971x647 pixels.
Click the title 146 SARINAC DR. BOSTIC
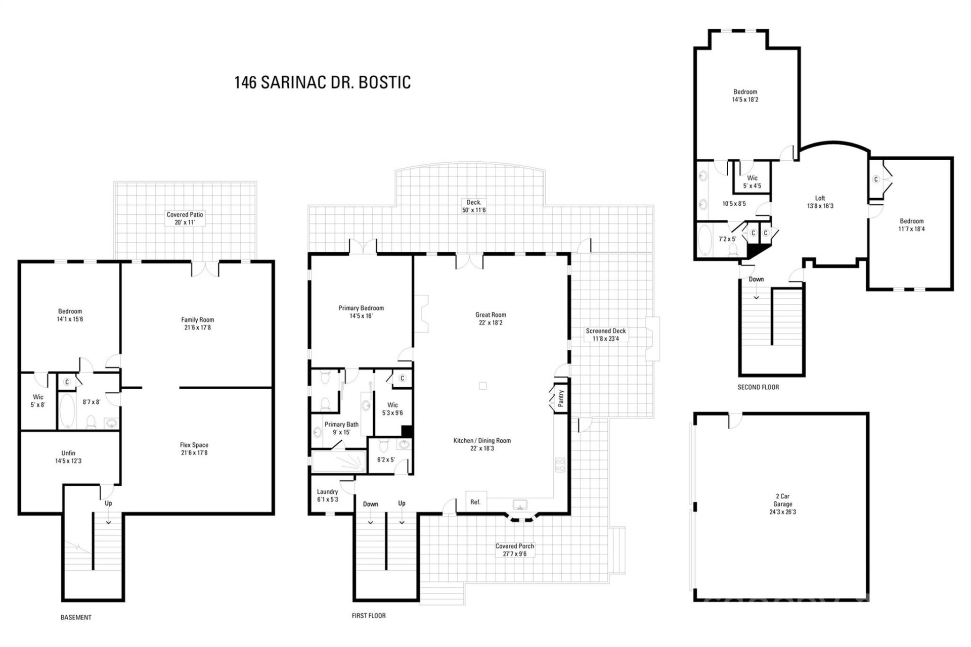322,82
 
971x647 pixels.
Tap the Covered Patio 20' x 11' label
185,218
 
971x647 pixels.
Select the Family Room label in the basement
197,323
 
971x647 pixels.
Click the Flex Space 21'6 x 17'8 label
194,449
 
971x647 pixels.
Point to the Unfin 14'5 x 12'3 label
68,457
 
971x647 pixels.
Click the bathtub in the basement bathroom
67,410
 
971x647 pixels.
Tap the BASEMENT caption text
76,617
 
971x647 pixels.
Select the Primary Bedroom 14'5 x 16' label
361,312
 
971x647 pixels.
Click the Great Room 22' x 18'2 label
490,318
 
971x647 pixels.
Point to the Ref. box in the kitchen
475,502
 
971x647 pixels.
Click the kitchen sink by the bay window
520,504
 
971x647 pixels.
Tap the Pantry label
560,398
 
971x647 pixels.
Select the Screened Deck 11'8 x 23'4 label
605,335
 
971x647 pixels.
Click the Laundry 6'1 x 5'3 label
327,495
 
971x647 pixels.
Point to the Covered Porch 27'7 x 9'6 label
514,550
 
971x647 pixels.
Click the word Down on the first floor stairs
370,504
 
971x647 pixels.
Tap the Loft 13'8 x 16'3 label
820,202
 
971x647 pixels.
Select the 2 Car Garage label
782,504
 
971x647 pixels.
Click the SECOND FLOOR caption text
758,387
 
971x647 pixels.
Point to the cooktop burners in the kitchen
560,465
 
